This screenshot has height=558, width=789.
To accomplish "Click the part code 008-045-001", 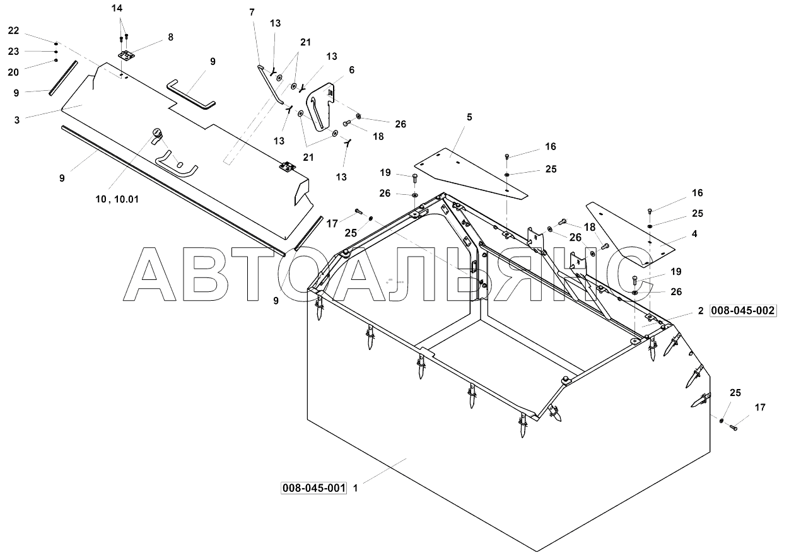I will [x=314, y=488].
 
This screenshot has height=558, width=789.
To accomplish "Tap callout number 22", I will [x=14, y=31].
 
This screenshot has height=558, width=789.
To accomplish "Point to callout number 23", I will [x=14, y=51].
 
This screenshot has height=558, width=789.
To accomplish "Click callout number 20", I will [x=14, y=72].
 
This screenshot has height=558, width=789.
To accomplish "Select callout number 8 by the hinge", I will [x=170, y=37].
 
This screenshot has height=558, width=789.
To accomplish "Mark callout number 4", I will [x=694, y=233].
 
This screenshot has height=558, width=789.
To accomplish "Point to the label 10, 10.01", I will [x=117, y=199].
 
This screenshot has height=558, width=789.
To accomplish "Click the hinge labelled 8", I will [x=129, y=55].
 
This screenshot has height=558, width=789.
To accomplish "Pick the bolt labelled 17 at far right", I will [x=735, y=427].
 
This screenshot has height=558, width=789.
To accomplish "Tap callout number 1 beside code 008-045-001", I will [x=356, y=488].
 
